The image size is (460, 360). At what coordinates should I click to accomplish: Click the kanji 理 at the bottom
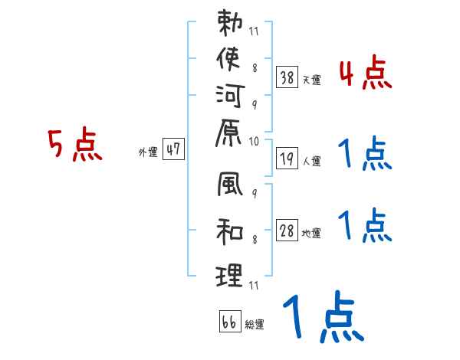coord(230,274)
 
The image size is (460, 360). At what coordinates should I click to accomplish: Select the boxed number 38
coord(287,77)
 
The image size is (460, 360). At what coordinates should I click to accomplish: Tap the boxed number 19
coord(287,159)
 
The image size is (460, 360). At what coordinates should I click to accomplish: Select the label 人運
coord(311,162)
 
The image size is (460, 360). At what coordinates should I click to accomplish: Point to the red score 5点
coord(75,145)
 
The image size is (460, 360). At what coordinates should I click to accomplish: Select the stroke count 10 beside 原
coord(254,141)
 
